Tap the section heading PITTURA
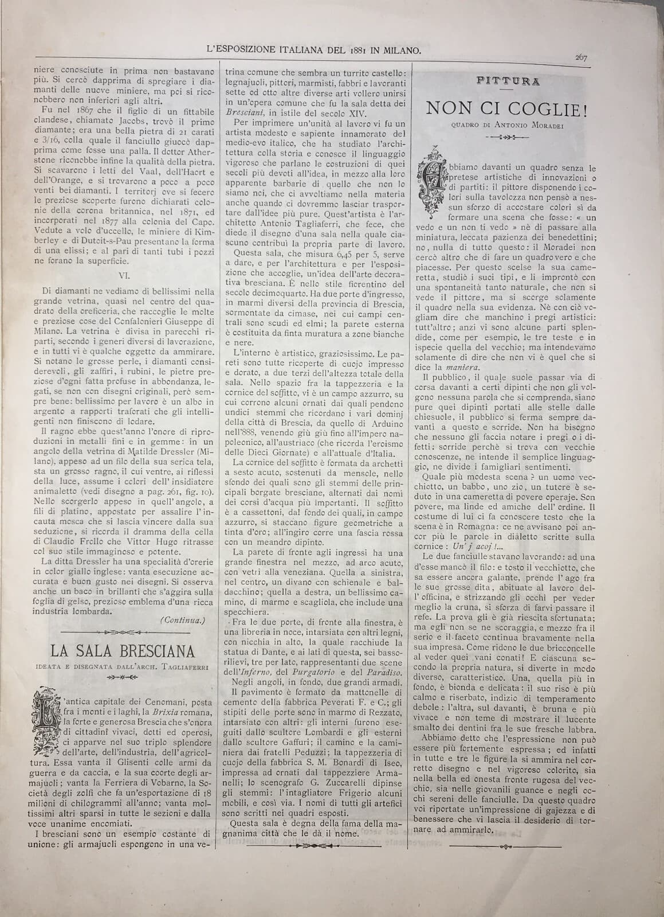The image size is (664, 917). click(508, 81)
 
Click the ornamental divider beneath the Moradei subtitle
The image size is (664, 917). click(506, 137)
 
